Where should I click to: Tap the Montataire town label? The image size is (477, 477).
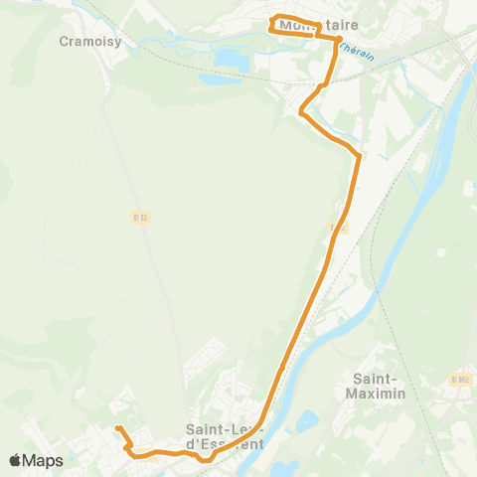click(x=319, y=25)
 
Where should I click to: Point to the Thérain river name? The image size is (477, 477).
click(x=357, y=51)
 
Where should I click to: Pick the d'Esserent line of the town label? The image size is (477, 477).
click(x=225, y=443)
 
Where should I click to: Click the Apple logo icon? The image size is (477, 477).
click(x=15, y=460)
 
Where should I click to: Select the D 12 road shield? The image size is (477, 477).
click(x=140, y=217)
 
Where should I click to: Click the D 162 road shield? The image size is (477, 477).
click(x=458, y=379)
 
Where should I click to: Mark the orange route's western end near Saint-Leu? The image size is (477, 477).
click(x=117, y=428)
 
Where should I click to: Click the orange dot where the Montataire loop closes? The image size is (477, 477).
click(x=338, y=39)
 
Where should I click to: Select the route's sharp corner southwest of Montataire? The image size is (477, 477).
click(x=301, y=113)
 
